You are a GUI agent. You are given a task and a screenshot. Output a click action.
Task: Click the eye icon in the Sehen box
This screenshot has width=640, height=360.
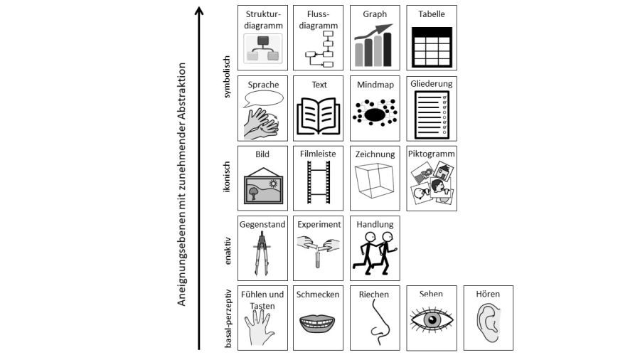pyautogui.click(x=432, y=320)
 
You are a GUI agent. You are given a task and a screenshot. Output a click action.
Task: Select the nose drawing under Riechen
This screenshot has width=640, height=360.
pyautogui.click(x=377, y=324)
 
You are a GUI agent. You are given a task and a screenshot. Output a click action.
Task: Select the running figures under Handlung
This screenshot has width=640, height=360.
pyautogui.click(x=375, y=253)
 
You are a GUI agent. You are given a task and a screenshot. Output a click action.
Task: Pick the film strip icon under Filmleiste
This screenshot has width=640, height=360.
pyautogui.click(x=319, y=184)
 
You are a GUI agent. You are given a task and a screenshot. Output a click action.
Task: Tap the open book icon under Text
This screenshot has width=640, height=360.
pyautogui.click(x=319, y=114)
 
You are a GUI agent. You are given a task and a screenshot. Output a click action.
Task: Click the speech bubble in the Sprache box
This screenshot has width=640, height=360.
pyautogui.click(x=264, y=98)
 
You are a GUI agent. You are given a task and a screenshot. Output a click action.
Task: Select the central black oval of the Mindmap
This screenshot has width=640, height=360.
pyautogui.click(x=374, y=112)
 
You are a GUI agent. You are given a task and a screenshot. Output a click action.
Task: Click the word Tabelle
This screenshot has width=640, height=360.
pyautogui.click(x=432, y=14)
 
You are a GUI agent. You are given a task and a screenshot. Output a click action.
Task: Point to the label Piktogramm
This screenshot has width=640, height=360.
pyautogui.click(x=432, y=153)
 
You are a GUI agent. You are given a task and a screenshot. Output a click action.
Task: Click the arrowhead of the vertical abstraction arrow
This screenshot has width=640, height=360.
pyautogui.click(x=200, y=11)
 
